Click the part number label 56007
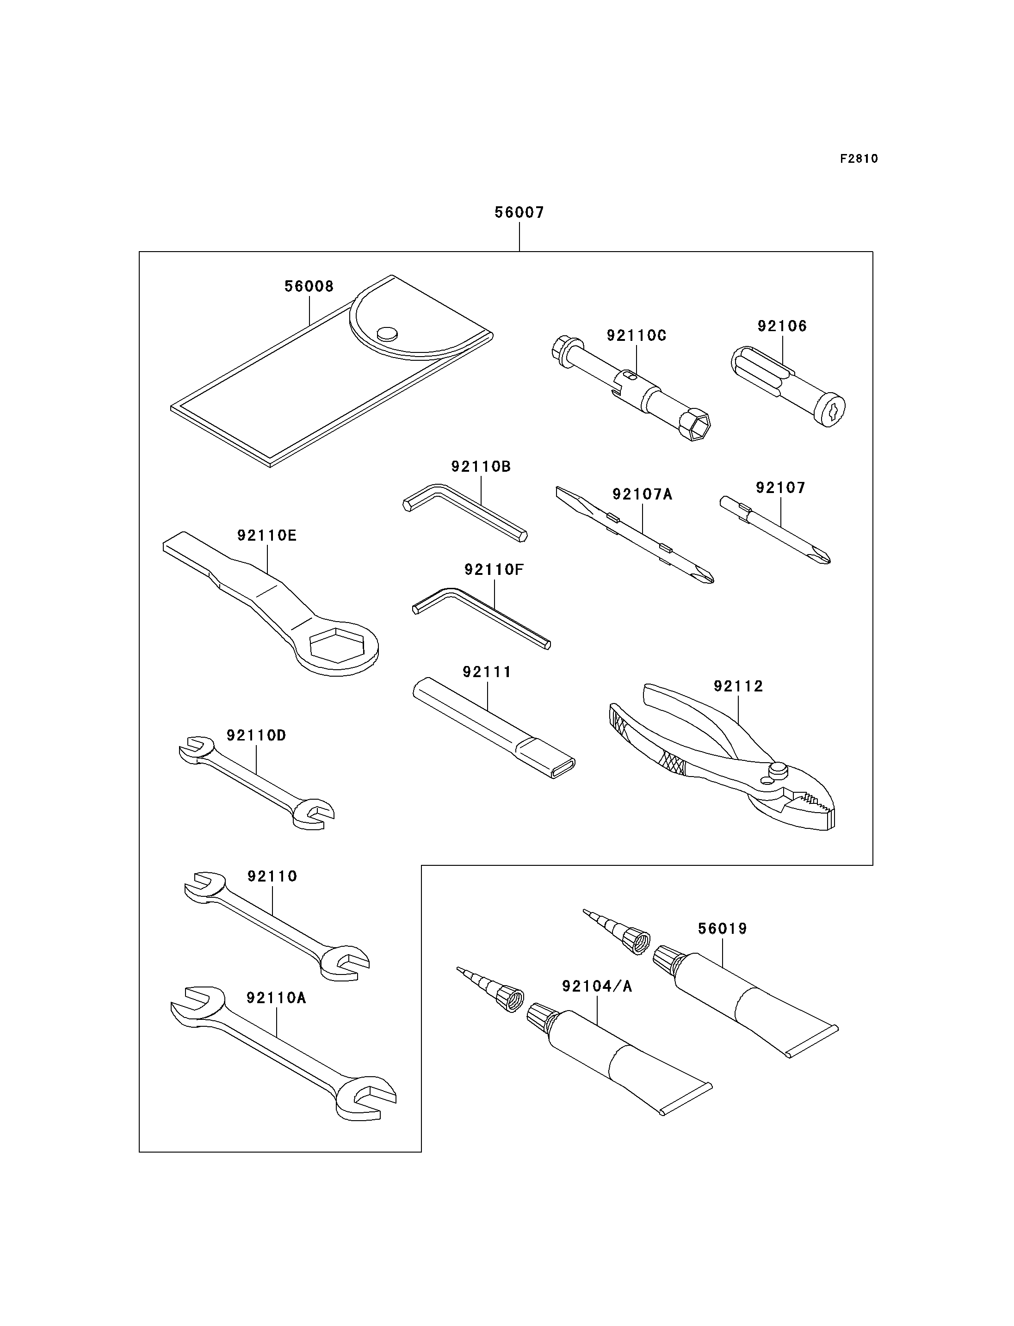[519, 212]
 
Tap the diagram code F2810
[859, 159]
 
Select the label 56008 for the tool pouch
[309, 286]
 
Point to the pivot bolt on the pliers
[779, 770]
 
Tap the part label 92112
[738, 686]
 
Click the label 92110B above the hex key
[481, 467]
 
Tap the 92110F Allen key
[481, 618]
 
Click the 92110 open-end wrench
[277, 926]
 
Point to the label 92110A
[277, 998]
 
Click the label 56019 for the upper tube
[723, 929]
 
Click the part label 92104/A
[597, 986]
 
